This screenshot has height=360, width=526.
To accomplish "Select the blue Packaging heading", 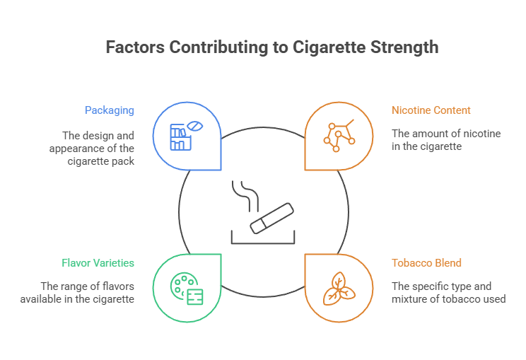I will (110, 110).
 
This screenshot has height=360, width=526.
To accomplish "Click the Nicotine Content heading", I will (431, 110).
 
